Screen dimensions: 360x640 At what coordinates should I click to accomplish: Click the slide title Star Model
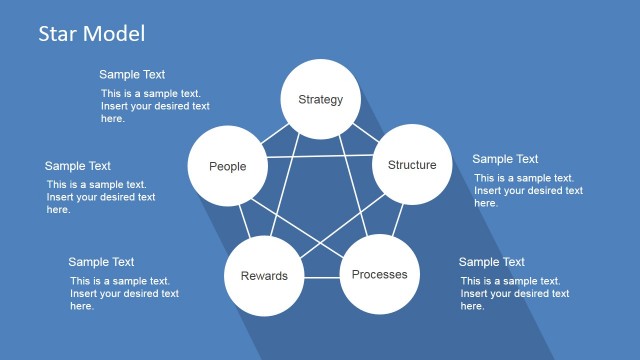tap(91, 33)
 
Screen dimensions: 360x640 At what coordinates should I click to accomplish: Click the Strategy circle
tap(320, 99)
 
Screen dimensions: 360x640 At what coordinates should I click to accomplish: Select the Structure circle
tap(412, 165)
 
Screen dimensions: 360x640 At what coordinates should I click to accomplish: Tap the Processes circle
tap(379, 274)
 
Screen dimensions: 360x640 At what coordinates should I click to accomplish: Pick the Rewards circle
tap(264, 276)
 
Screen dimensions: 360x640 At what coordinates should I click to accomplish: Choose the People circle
tap(227, 166)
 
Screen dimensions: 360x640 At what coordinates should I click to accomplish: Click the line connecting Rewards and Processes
tap(321, 275)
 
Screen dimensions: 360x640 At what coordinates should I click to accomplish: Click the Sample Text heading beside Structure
tap(505, 159)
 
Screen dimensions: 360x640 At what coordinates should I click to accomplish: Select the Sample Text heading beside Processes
tap(491, 262)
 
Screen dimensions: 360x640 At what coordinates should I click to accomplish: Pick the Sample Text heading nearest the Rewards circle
tap(101, 262)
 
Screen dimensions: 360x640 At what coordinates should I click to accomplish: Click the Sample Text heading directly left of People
tap(78, 166)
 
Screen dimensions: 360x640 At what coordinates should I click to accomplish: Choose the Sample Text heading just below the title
tap(132, 74)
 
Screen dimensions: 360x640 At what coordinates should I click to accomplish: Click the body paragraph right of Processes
tap(515, 294)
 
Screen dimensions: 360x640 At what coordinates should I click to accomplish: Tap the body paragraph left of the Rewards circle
tap(124, 294)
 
